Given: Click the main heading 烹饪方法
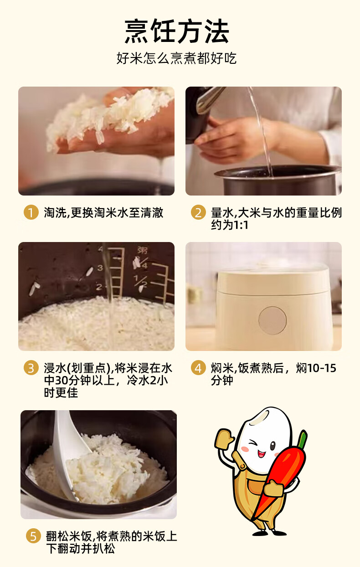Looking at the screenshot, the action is pos(177,31).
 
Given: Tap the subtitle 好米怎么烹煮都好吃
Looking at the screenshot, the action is pos(176,58).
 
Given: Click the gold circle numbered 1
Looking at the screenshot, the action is pos(31,212).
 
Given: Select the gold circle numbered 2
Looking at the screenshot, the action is pos(198,212).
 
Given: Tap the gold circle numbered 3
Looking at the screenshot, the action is pos(31,368).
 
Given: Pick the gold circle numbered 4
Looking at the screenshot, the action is pos(198,368).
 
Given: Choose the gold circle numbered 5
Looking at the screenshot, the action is pos(33,536).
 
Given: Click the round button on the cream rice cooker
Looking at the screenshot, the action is pos(273,320).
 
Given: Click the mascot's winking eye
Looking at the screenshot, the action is pos(253,443).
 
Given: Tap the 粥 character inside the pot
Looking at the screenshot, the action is pos(142,250).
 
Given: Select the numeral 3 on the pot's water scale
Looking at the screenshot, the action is pos(100,268).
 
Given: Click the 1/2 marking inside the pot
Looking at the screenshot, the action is pos(141,281).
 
